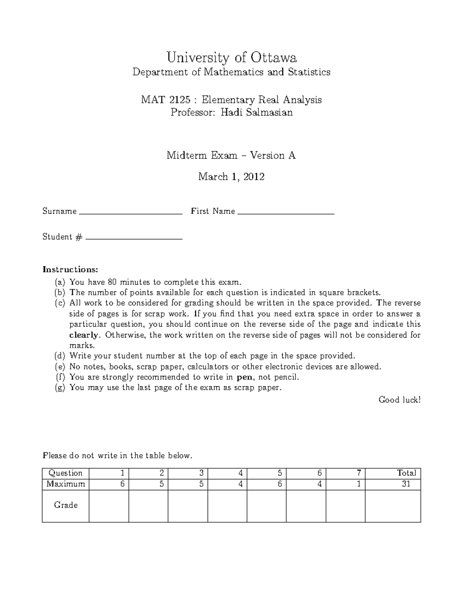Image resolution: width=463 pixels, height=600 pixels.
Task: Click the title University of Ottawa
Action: click(x=231, y=58)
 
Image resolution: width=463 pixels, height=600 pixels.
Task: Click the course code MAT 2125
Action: click(x=166, y=100)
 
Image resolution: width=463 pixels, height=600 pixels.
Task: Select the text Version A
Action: click(x=273, y=155)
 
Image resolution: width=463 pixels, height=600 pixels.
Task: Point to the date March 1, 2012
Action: click(x=231, y=177)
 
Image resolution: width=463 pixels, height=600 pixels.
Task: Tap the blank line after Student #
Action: click(x=133, y=238)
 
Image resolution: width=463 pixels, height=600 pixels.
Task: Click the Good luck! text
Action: click(x=399, y=400)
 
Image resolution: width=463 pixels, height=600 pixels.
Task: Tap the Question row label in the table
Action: click(x=66, y=473)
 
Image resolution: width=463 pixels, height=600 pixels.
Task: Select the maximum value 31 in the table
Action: click(x=406, y=484)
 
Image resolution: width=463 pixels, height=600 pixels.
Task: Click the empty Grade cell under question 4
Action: click(x=228, y=506)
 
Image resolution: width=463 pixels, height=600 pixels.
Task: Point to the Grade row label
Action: click(x=66, y=505)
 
